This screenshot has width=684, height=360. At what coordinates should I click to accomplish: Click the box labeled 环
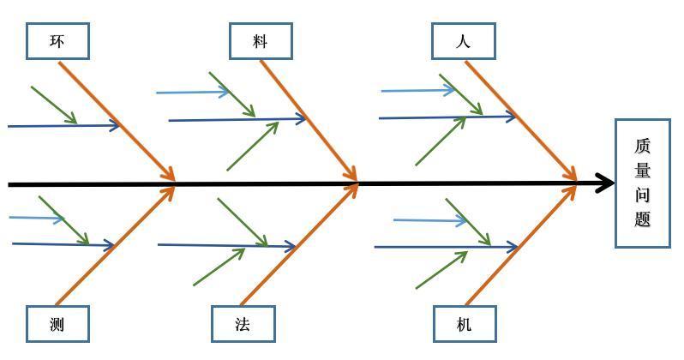coord(57,41)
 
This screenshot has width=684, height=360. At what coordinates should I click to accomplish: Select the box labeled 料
coord(261,41)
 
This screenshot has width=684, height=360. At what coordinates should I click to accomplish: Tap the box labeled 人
coord(463,41)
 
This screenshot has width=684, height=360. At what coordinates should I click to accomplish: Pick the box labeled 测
coord(57,324)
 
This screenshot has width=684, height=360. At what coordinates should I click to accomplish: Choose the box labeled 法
coord(243,324)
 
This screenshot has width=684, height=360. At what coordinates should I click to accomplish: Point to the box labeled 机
coord(464,324)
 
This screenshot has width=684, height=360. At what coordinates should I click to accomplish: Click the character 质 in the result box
coord(643,147)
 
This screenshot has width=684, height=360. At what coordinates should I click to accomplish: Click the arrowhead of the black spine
coord(608,183)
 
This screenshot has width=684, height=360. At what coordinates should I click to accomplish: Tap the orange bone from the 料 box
coord(309,120)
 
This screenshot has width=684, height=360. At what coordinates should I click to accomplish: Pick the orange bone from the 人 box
coord(519,120)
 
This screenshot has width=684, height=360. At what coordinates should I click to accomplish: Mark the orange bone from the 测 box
coord(116,244)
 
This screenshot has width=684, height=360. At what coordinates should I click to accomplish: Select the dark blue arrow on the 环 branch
coord(64,126)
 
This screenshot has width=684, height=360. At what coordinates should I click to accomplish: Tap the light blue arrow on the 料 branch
coord(193,92)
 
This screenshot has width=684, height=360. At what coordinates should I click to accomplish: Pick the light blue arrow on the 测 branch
coord(37,218)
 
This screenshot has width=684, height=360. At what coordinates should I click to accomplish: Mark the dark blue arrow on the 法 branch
coord(226,246)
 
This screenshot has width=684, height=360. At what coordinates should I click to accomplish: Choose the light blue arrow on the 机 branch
coord(429,220)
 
